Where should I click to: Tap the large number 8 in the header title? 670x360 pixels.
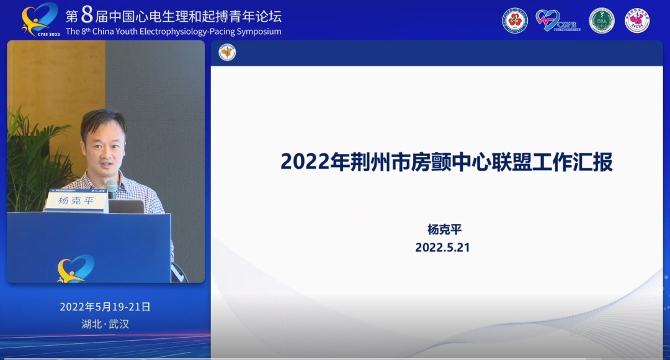tap(87, 15)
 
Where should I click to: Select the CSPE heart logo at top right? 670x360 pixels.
tap(556, 20)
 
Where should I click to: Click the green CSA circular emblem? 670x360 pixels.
tap(601, 20)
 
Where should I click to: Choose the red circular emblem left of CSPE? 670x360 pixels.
tap(515, 20)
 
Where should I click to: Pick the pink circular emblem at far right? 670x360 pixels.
tap(637, 20)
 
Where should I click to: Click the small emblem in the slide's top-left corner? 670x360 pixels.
tap(228, 53)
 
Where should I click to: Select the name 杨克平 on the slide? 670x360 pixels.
tap(444, 230)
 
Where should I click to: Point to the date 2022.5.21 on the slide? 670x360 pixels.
tap(442, 247)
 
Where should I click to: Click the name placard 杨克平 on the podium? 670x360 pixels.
tap(76, 201)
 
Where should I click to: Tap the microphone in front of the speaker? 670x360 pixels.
tap(112, 187)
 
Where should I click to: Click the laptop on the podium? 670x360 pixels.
tap(127, 206)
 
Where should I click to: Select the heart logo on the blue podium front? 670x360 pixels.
tap(76, 269)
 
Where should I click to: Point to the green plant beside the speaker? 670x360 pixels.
tap(31, 161)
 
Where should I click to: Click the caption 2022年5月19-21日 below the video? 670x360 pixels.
tap(105, 307)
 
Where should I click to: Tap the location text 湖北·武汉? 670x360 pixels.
tap(105, 324)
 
